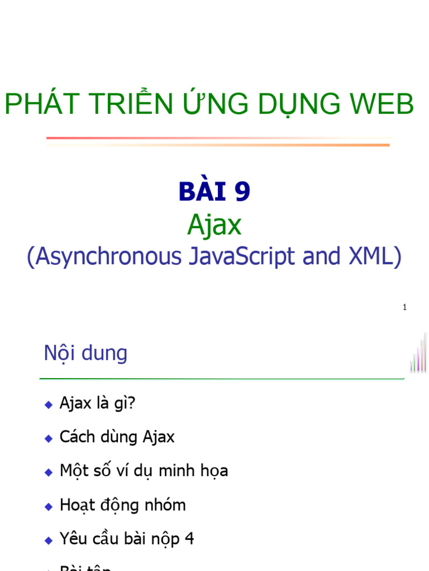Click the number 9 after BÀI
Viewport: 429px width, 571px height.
pyautogui.click(x=242, y=192)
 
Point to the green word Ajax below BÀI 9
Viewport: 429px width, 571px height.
pyautogui.click(x=214, y=225)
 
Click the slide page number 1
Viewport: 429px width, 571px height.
pyautogui.click(x=404, y=308)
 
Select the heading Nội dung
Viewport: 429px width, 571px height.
pyautogui.click(x=85, y=354)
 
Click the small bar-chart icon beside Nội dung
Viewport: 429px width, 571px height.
pyautogui.click(x=418, y=354)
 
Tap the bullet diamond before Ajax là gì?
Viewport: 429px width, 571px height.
pyautogui.click(x=48, y=404)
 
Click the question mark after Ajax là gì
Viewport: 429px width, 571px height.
pyautogui.click(x=132, y=403)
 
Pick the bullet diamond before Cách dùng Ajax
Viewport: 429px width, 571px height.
pyautogui.click(x=48, y=438)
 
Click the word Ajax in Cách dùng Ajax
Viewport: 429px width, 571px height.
pyautogui.click(x=159, y=437)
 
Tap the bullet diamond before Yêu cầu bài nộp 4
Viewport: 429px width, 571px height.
pyautogui.click(x=48, y=540)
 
